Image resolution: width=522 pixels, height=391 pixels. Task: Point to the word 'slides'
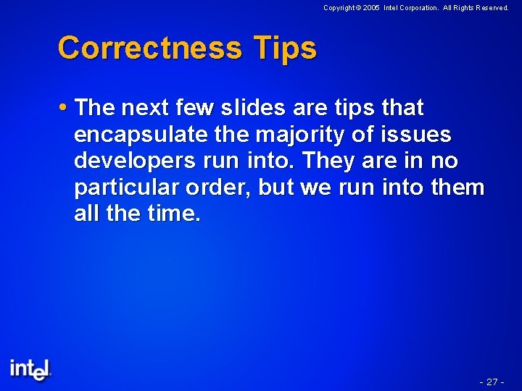(252, 109)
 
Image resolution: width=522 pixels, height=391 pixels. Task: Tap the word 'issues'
(420, 135)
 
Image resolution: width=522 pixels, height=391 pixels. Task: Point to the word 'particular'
(127, 188)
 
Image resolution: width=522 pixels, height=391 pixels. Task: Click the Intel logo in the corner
(30, 369)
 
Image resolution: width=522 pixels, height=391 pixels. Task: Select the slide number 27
(492, 382)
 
